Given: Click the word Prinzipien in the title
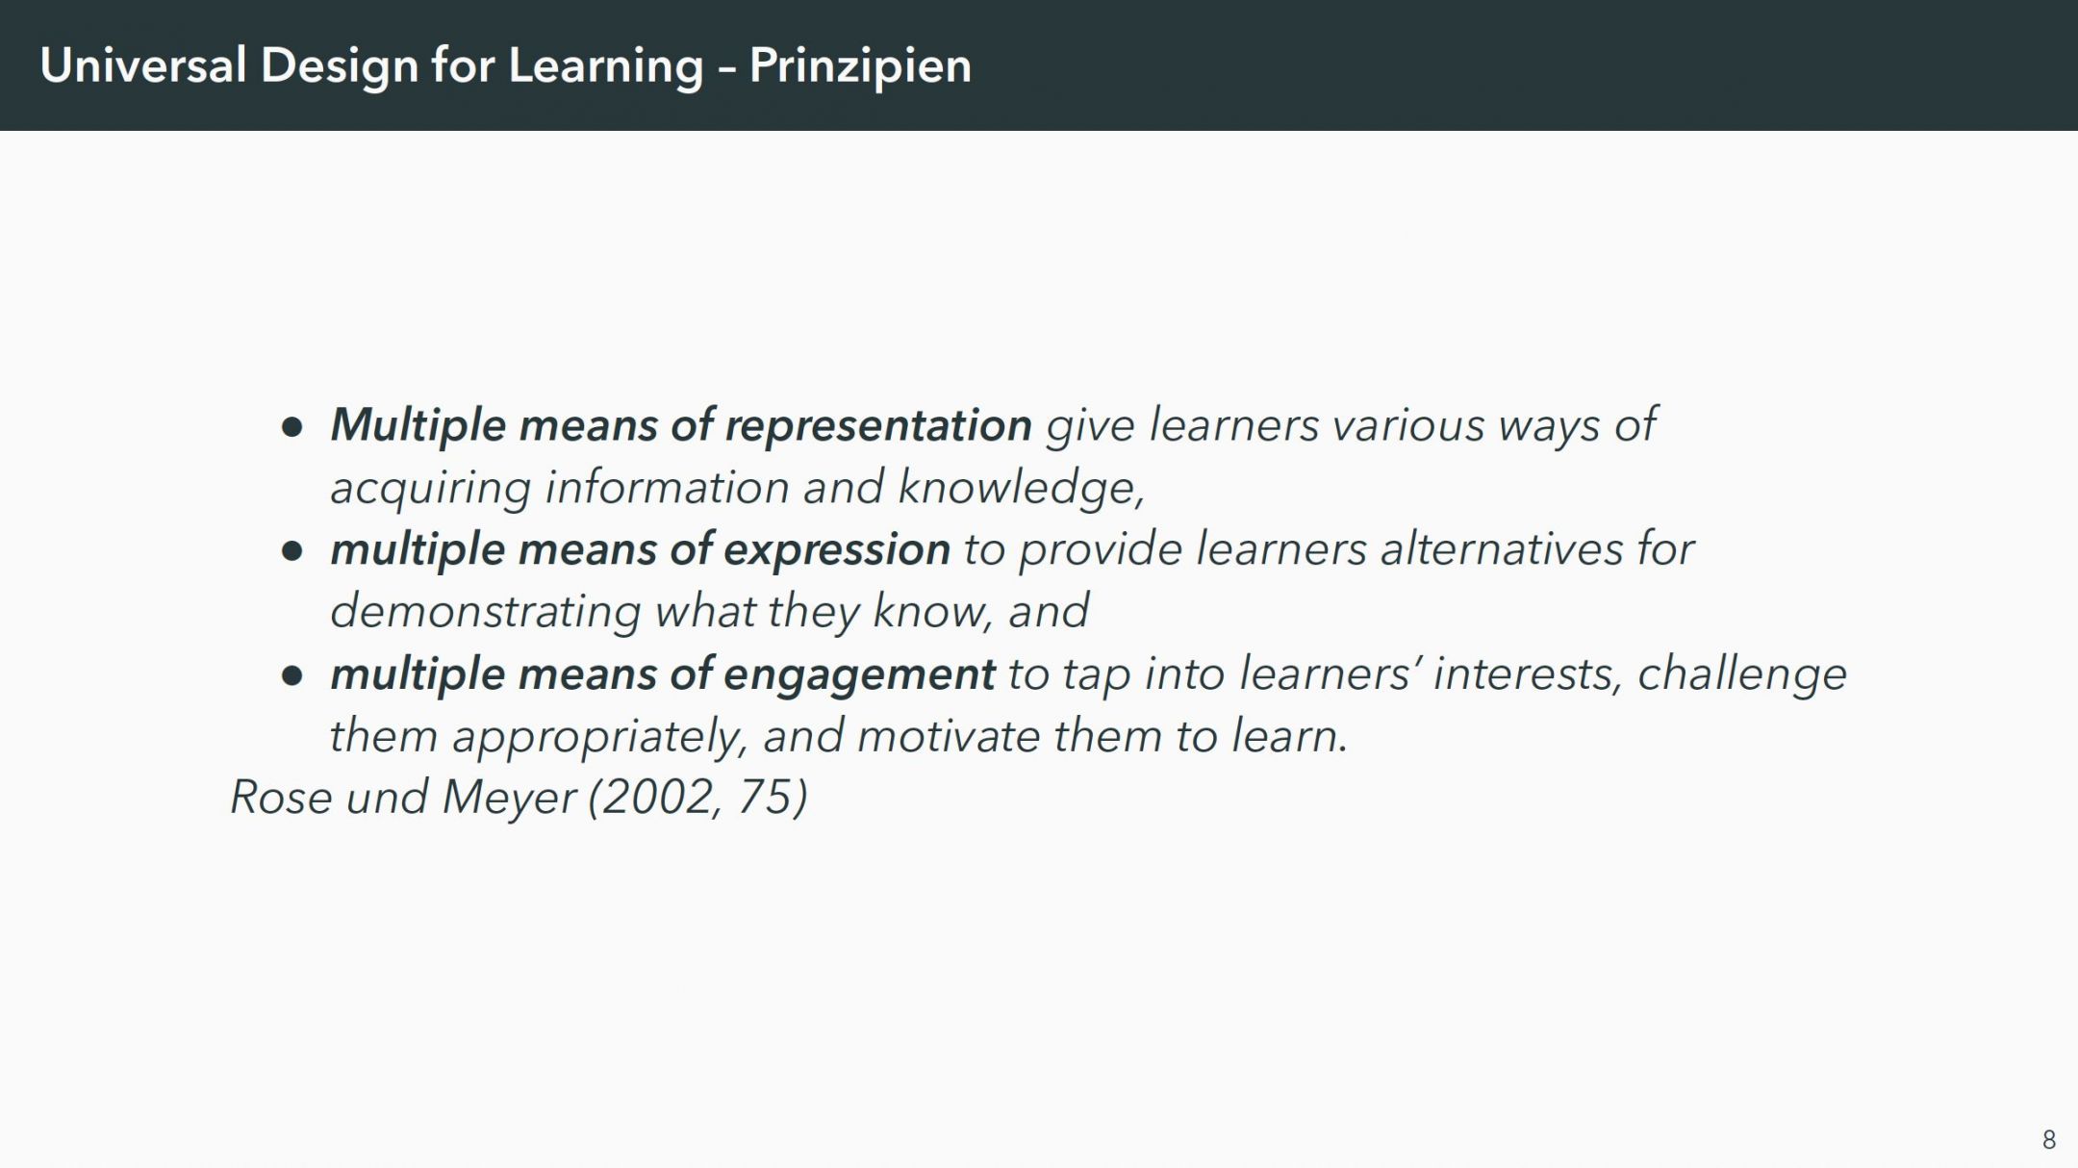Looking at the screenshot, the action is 860,66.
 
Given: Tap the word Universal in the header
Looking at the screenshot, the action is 143,65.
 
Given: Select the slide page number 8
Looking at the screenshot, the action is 2049,1139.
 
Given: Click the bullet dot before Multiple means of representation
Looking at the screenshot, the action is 292,427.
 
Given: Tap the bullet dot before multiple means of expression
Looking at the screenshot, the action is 292,551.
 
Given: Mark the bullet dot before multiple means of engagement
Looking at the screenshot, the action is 292,675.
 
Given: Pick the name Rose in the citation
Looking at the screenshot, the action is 281,798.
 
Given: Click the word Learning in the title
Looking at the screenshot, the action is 606,66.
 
